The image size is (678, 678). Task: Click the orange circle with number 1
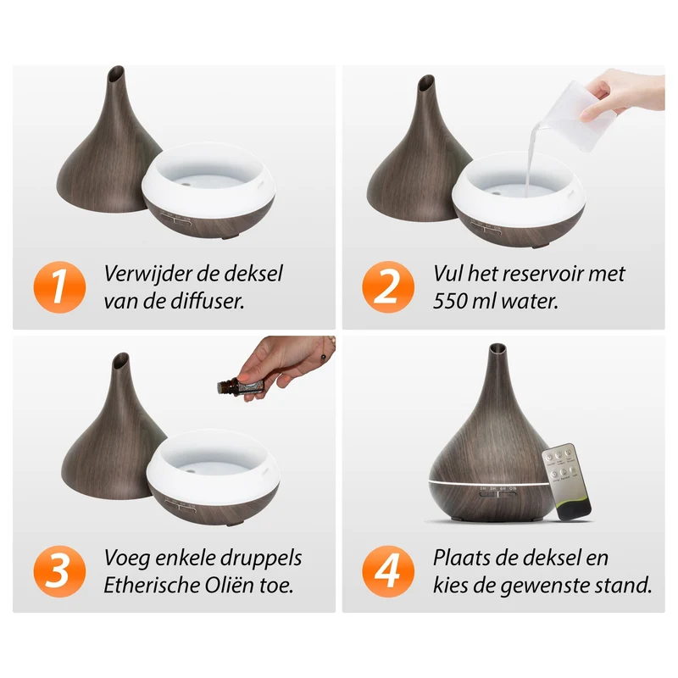[x=59, y=287]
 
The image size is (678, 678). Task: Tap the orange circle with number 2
[x=388, y=287]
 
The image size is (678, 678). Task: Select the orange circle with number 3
[x=59, y=571]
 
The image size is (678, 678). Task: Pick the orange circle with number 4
[x=388, y=571]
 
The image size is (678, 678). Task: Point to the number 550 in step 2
[x=449, y=302]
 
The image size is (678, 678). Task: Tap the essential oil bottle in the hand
[x=241, y=385]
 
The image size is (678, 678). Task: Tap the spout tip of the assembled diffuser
[x=497, y=347]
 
